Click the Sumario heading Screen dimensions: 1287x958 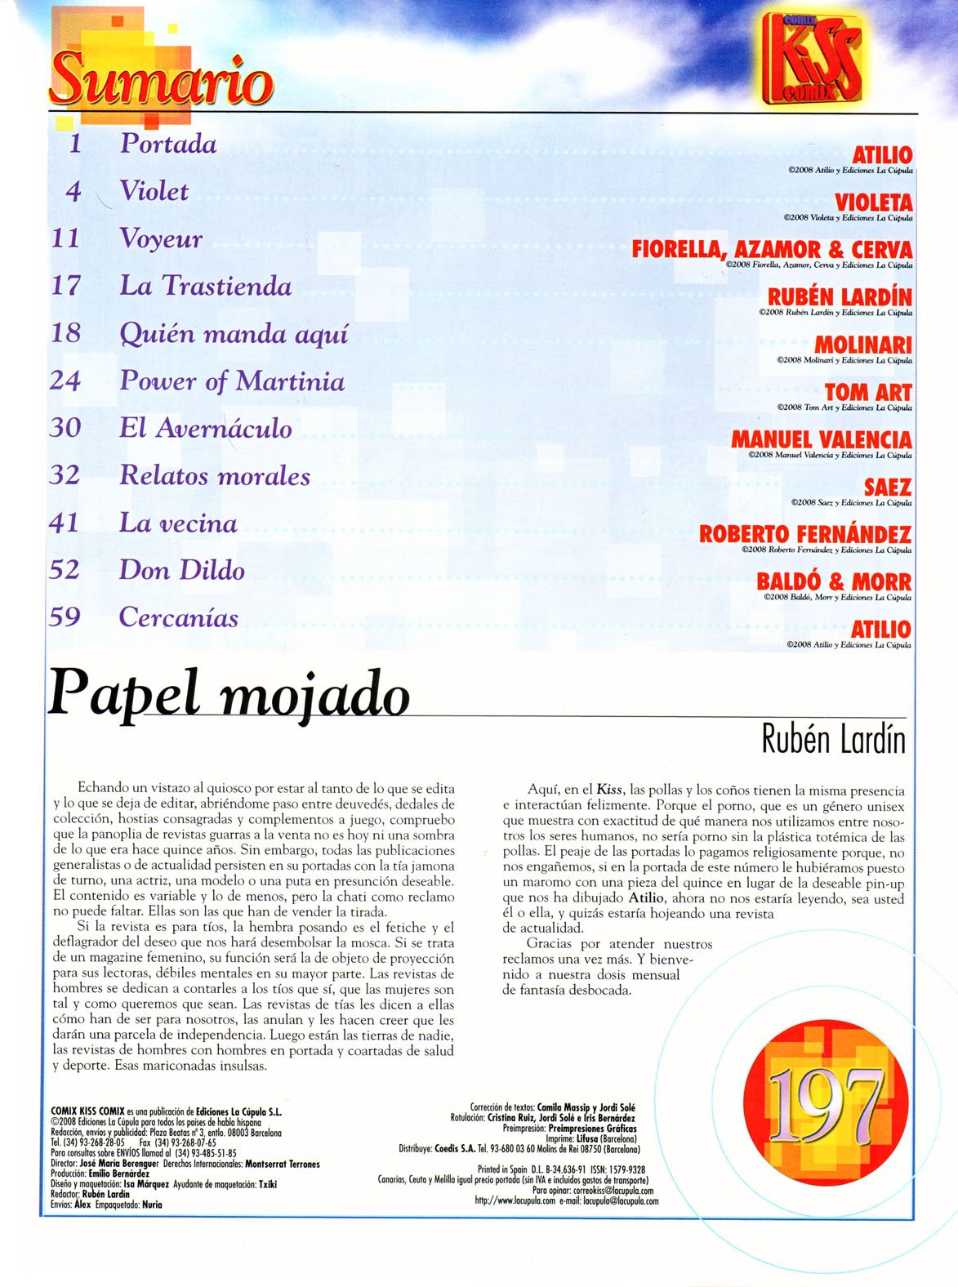click(162, 78)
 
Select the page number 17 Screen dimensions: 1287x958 click(66, 286)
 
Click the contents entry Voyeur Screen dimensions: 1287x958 click(161, 238)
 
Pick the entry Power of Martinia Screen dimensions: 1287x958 click(232, 381)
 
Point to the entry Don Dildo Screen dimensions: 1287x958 click(181, 570)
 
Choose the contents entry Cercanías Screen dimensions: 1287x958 click(179, 617)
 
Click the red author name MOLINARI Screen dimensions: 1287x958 click(862, 345)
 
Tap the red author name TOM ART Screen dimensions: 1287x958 click(867, 392)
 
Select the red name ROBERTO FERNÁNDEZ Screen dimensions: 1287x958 click(804, 535)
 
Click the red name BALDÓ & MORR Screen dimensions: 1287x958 click(833, 582)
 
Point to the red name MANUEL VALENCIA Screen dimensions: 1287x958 click(821, 439)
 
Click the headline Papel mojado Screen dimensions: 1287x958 click(228, 694)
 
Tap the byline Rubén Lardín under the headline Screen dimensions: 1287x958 click(833, 740)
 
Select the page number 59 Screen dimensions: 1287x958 click(65, 617)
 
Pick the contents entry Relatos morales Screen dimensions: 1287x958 click(215, 476)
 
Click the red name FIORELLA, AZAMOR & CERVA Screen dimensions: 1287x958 click(771, 249)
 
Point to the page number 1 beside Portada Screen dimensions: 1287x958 click(76, 144)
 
